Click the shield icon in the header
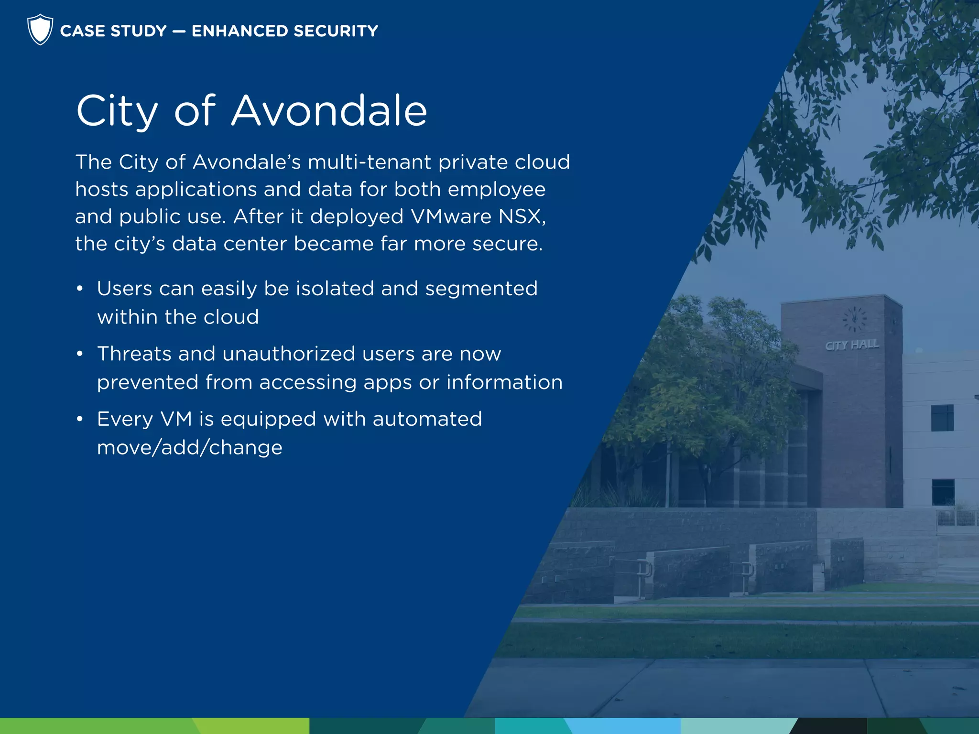tap(40, 30)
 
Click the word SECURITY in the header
tap(336, 31)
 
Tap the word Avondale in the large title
tap(329, 111)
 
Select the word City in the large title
tap(117, 112)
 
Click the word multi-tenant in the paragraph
tap(370, 162)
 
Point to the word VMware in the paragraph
tap(451, 216)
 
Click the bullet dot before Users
tap(80, 289)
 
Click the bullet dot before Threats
tap(80, 354)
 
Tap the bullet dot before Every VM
tap(80, 419)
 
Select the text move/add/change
tap(190, 448)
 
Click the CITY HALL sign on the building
tap(851, 345)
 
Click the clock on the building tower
tap(854, 319)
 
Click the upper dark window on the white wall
tap(942, 418)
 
